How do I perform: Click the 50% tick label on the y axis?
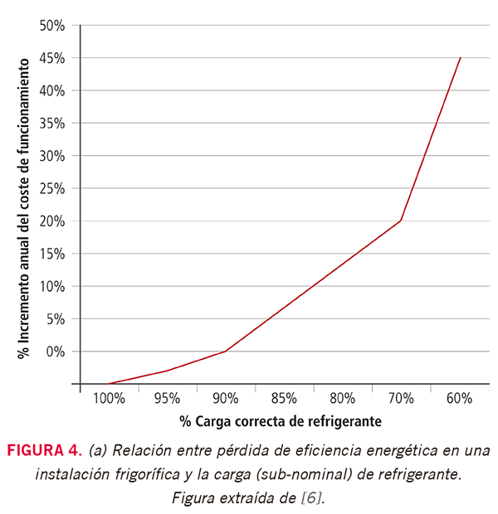point(51,26)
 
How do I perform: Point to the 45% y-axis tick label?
point(51,58)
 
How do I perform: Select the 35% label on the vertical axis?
point(51,124)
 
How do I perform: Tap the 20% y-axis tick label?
point(51,221)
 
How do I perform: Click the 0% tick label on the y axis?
point(55,352)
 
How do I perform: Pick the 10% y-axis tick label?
point(51,287)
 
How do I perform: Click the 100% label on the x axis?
point(109,398)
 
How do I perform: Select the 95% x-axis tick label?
point(167,398)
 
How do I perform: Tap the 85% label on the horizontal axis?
point(284,398)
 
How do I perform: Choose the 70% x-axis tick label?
point(401,398)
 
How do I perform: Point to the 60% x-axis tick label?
point(459,398)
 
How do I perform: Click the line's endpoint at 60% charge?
point(460,58)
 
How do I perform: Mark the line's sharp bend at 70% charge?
point(401,221)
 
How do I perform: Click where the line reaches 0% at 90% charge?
point(226,352)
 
